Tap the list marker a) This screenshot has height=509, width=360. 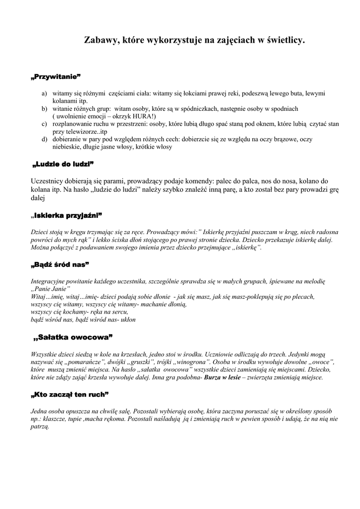coord(44,93)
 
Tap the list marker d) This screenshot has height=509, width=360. coord(44,140)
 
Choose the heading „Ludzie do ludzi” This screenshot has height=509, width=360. coord(63,164)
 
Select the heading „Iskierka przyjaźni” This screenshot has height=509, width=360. coord(66,215)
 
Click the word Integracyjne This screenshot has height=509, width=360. coord(49,281)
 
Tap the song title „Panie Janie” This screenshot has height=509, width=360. coord(51,289)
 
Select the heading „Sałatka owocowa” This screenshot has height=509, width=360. coord(73,338)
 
